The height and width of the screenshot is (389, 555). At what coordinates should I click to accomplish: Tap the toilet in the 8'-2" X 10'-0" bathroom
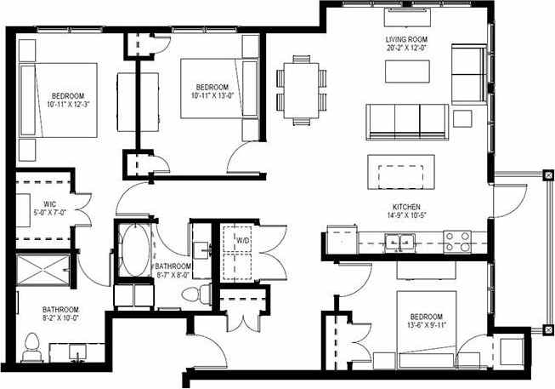point(32,347)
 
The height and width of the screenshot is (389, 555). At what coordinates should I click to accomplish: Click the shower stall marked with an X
point(43,271)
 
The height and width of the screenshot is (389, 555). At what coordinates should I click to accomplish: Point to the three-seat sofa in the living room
point(406,121)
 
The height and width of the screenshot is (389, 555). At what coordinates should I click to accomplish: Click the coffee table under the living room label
point(406,72)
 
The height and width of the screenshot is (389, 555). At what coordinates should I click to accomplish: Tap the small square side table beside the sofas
point(463,117)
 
